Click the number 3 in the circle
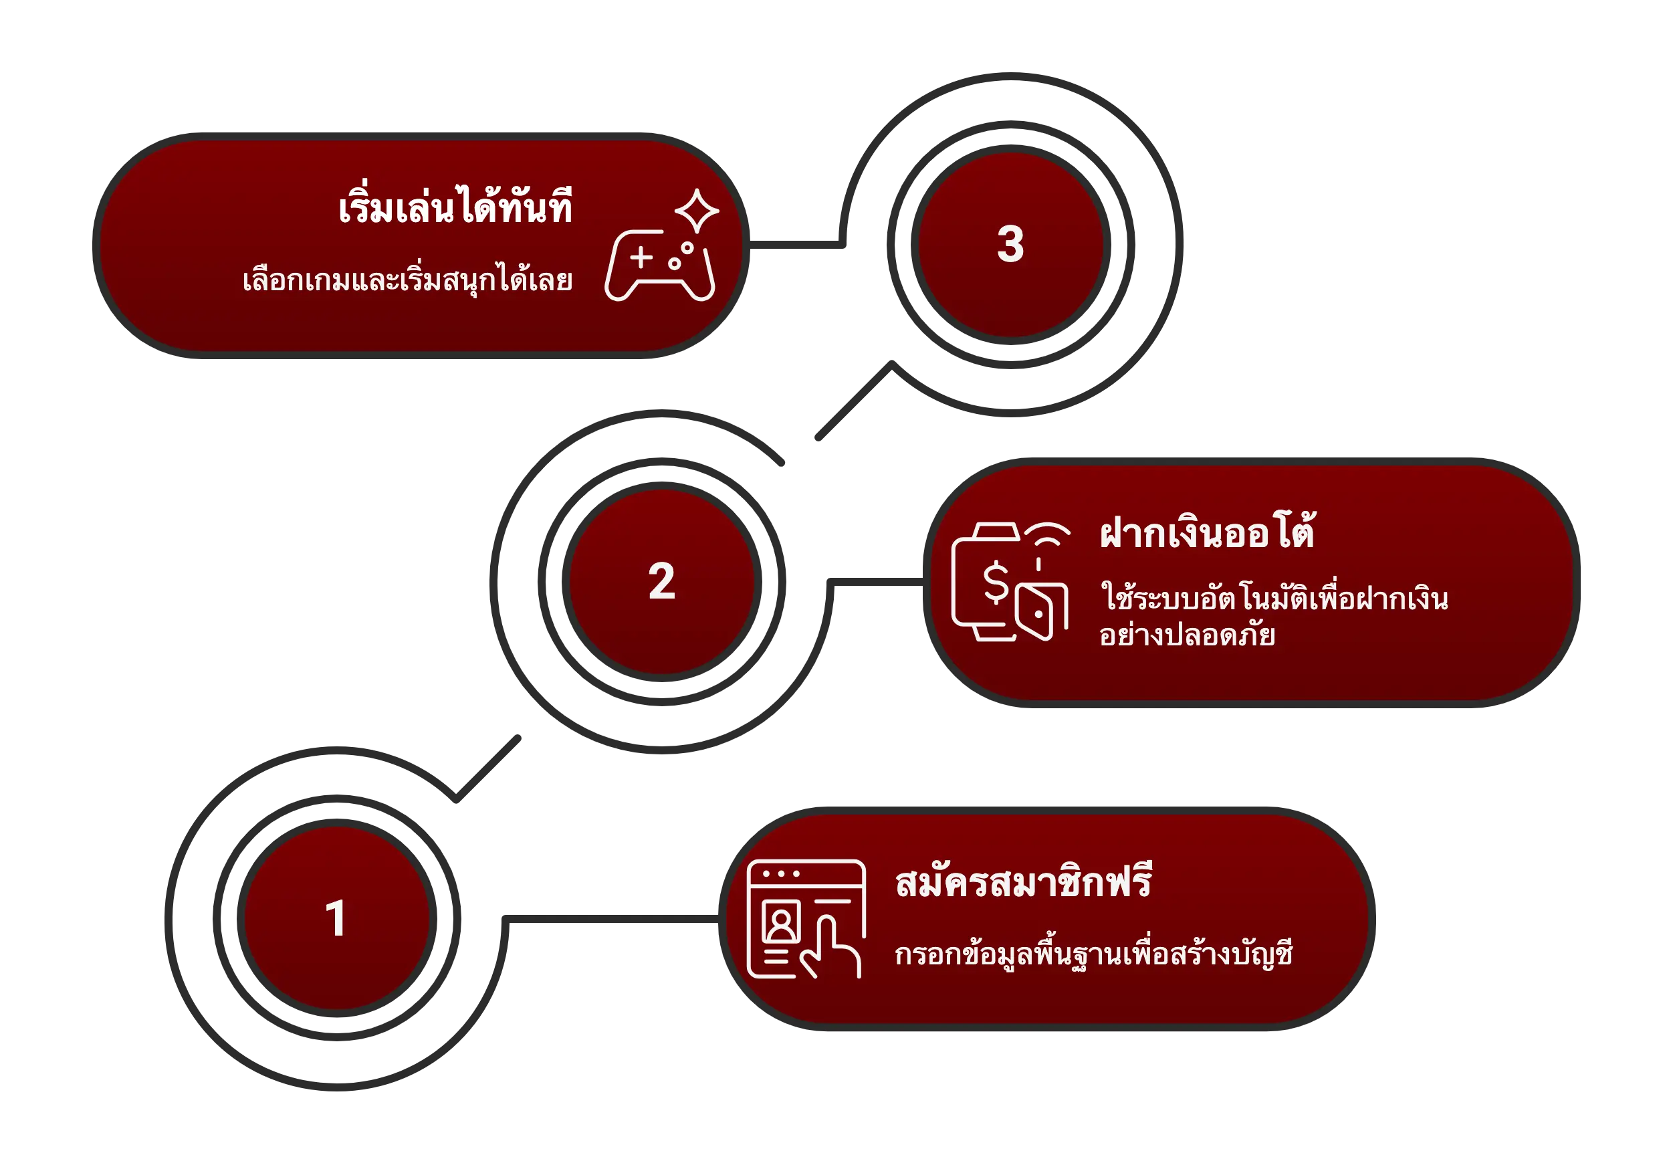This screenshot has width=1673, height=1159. point(1010,244)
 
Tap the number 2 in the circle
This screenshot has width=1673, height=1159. point(661,582)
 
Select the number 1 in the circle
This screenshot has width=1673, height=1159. point(336,918)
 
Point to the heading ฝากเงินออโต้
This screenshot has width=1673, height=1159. point(1207,534)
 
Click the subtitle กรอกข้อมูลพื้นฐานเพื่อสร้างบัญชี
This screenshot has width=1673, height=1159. point(1093,954)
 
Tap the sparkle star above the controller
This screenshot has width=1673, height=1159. point(696,211)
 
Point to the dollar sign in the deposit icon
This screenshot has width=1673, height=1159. point(996,583)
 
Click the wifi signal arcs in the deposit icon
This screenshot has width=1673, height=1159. point(1047,534)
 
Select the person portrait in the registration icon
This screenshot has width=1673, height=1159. point(781,922)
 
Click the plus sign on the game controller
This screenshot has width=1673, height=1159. point(641,257)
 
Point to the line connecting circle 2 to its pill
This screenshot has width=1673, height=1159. point(875,584)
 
